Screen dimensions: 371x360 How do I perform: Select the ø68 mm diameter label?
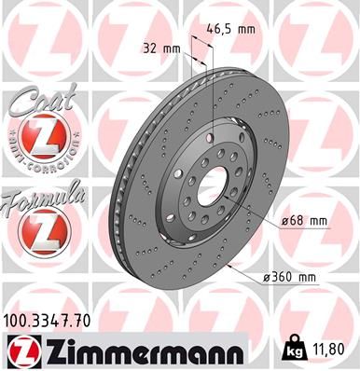pyautogui.click(x=304, y=220)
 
